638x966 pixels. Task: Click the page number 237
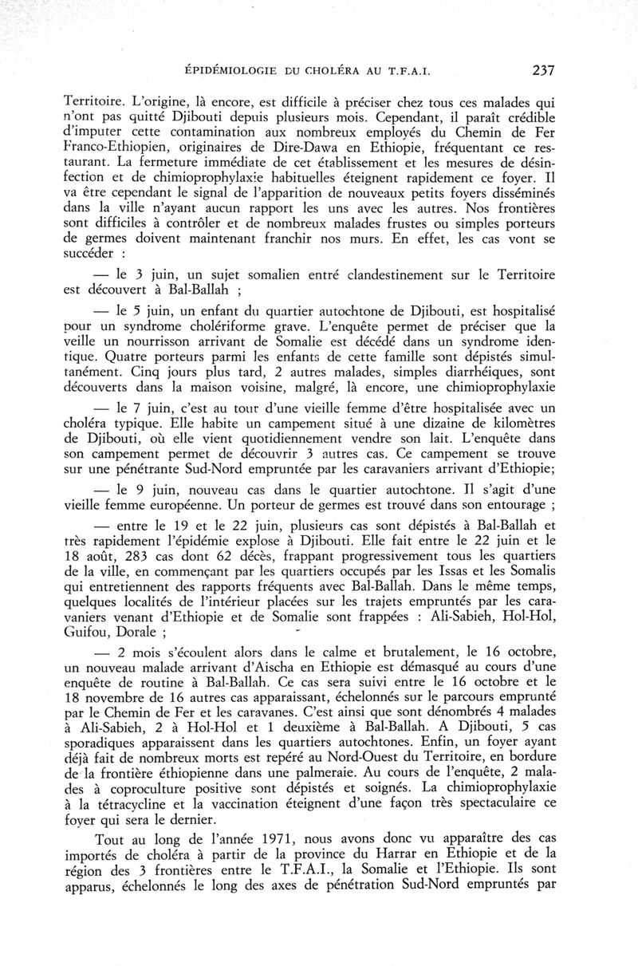pos(542,70)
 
